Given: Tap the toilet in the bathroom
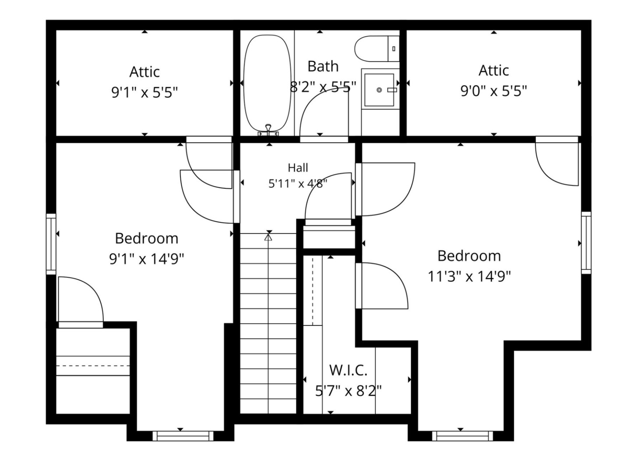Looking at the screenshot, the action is (377, 49).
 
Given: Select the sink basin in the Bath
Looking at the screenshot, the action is (379, 90).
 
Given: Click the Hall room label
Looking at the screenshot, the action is (298, 168).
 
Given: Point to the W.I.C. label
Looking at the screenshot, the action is (348, 371).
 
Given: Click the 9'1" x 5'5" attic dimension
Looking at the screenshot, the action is (144, 92).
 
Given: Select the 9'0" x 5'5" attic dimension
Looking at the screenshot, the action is (494, 91).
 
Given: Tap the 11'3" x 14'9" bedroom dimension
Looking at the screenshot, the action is (469, 277).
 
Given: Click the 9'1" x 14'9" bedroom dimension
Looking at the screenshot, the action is (147, 259).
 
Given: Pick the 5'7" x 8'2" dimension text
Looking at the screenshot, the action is (348, 391).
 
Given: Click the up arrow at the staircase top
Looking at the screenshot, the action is (268, 237).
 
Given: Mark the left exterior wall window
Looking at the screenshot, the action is (51, 244).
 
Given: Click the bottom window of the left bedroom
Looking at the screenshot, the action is (183, 436).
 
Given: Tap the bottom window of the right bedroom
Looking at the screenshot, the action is (463, 436).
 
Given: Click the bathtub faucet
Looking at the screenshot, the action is (268, 130).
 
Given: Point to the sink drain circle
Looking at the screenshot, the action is (379, 90).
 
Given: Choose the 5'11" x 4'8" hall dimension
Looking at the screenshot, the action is (298, 184).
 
